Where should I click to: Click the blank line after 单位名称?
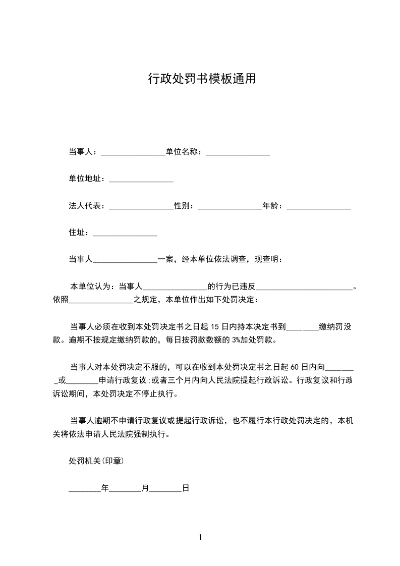click(x=238, y=152)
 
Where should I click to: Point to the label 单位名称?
click(x=184, y=151)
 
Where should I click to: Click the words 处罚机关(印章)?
click(x=96, y=461)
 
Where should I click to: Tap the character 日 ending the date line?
click(x=186, y=488)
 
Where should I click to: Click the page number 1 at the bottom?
click(x=200, y=537)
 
